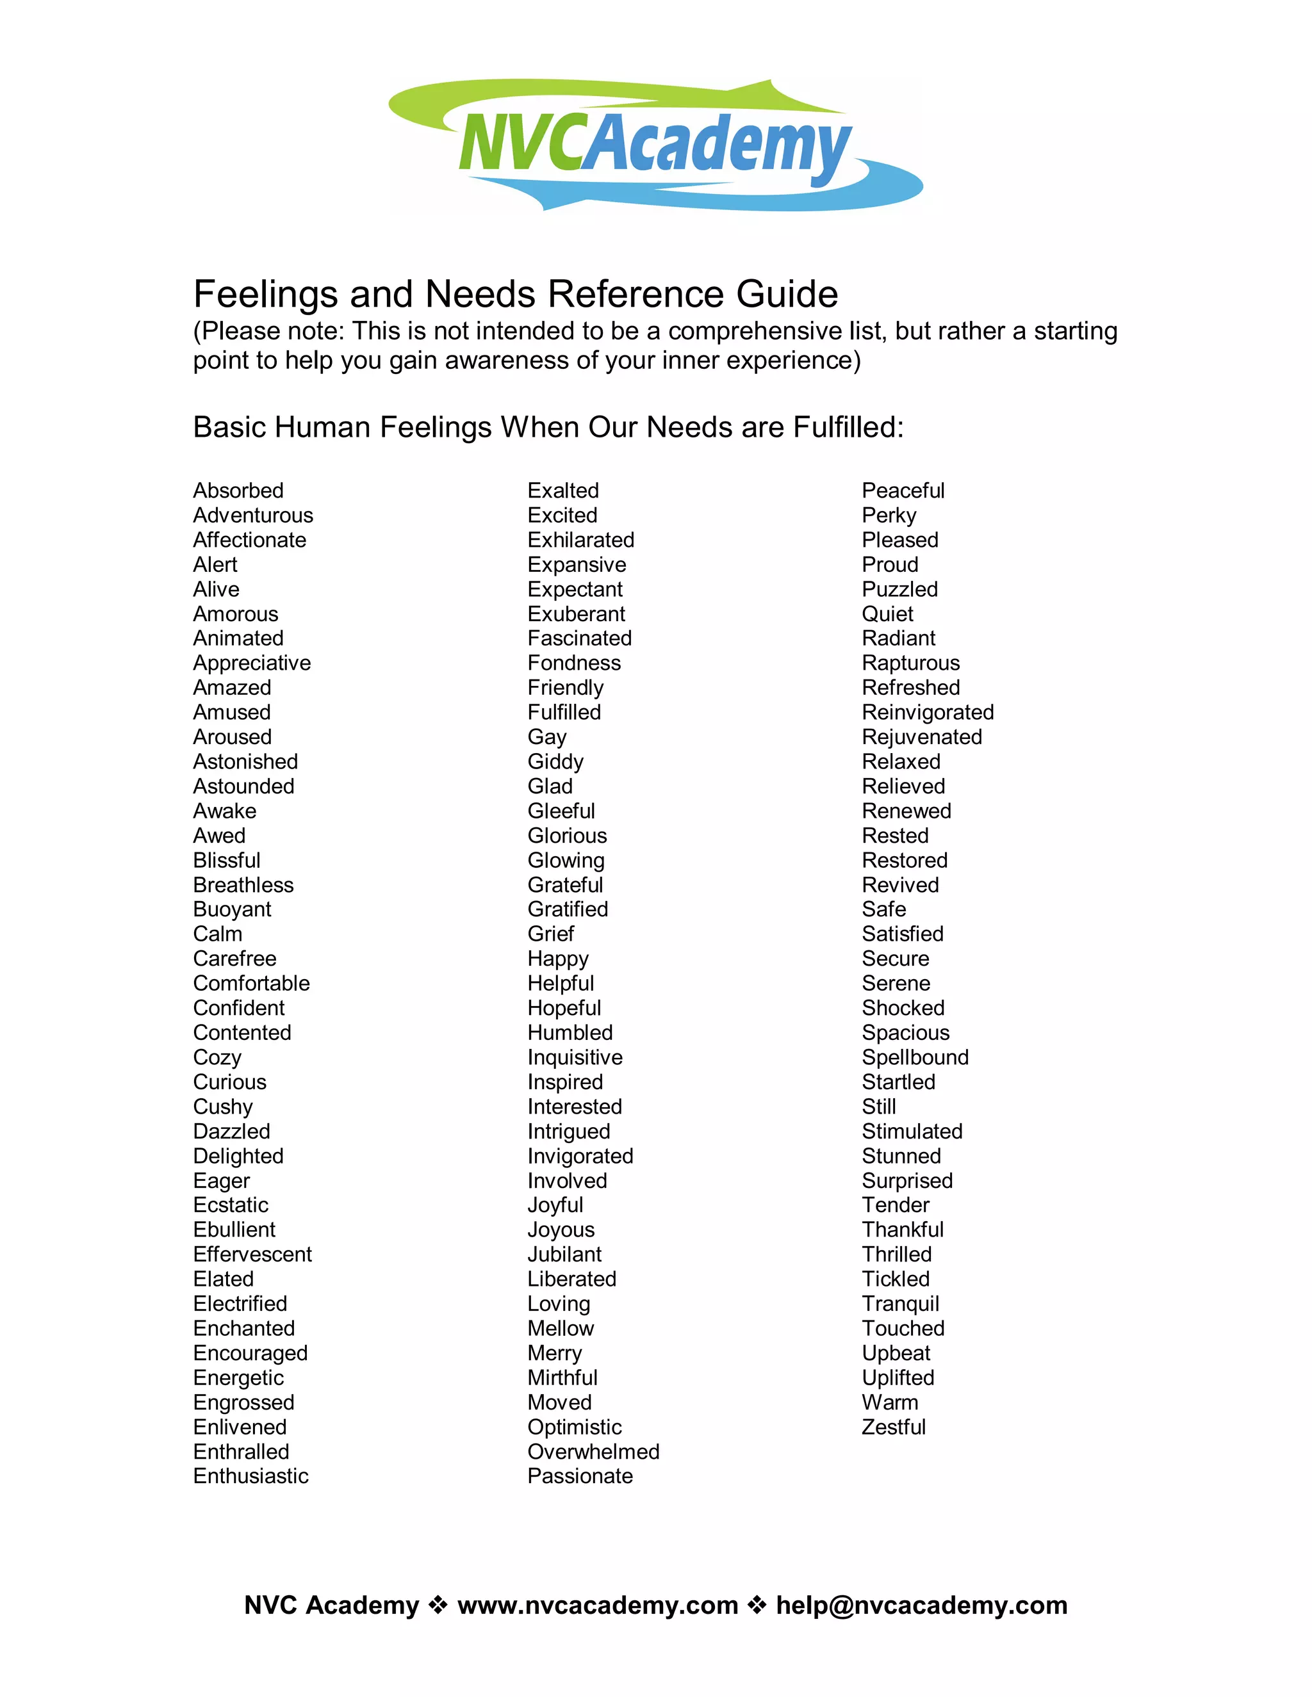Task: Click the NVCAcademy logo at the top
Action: click(655, 145)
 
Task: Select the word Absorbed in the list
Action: click(238, 491)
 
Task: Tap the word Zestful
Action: click(893, 1427)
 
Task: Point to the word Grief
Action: click(550, 933)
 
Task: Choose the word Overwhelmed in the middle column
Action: click(593, 1452)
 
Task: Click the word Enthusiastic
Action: click(250, 1475)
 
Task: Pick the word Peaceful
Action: click(903, 491)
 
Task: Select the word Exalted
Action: click(562, 491)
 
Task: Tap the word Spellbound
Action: click(915, 1057)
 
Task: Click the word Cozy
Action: click(217, 1057)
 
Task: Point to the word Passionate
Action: click(580, 1475)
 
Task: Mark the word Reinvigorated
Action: click(927, 711)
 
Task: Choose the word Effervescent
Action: click(252, 1254)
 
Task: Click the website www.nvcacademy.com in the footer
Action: click(597, 1605)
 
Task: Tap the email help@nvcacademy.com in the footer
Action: click(921, 1605)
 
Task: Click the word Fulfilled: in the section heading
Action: click(848, 427)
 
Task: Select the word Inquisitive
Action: click(575, 1057)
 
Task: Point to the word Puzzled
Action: click(899, 589)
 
